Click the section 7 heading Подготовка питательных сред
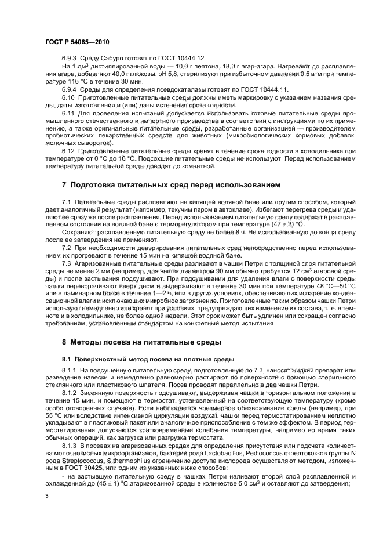171,185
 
